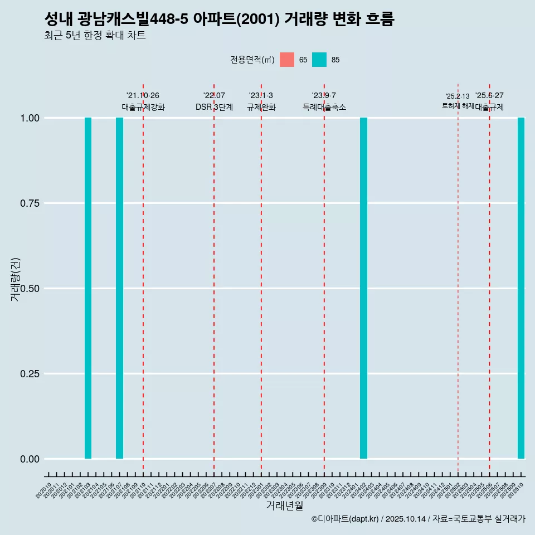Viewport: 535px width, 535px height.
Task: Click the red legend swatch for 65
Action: [x=287, y=60]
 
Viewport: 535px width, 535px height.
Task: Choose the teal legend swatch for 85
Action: [x=319, y=60]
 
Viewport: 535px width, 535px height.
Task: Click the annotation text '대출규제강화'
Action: [x=143, y=107]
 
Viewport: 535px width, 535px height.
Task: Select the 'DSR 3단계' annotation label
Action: [x=214, y=107]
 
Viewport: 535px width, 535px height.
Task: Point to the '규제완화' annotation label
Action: [x=261, y=107]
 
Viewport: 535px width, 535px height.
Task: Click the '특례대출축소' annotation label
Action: [x=324, y=107]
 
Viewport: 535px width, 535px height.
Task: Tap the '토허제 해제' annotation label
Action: [x=458, y=105]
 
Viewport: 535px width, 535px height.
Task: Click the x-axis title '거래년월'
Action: [x=284, y=505]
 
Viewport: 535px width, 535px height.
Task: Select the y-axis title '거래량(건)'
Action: [x=16, y=279]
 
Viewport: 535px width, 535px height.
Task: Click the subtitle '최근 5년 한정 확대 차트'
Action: [x=95, y=36]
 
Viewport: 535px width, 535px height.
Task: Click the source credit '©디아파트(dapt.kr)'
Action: [x=346, y=519]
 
